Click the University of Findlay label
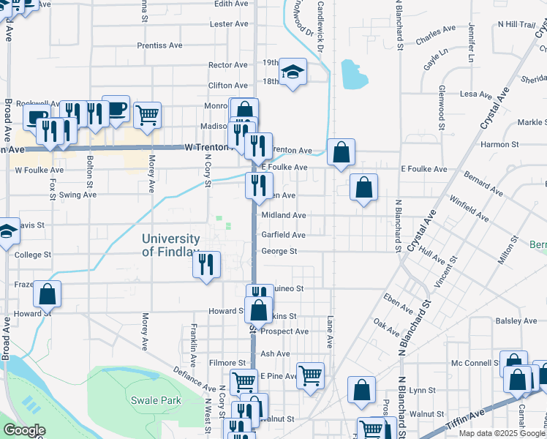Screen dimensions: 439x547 click(170, 245)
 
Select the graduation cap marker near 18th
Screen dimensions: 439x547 click(292, 72)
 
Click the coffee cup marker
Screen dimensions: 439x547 click(116, 110)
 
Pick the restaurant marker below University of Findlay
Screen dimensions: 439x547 click(207, 265)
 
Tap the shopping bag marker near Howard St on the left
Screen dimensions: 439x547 click(48, 295)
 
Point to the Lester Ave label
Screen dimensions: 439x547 click(229, 24)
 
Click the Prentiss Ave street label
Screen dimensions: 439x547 click(160, 45)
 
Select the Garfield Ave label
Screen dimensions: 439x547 click(283, 235)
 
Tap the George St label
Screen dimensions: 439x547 click(279, 252)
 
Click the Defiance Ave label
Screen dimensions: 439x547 click(193, 378)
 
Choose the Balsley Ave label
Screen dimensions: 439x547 click(516, 320)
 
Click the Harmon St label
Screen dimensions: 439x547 click(500, 144)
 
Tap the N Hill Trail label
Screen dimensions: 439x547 click(516, 24)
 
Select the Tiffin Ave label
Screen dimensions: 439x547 click(472, 414)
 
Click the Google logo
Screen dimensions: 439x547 click(24, 431)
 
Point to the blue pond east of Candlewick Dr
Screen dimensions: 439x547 click(354, 74)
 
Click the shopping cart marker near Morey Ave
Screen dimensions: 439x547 click(148, 116)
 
